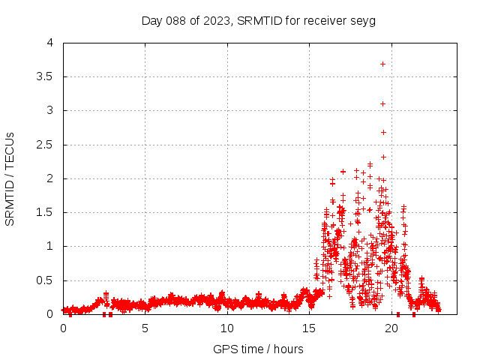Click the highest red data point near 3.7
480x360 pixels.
(383, 64)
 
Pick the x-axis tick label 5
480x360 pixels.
(145, 328)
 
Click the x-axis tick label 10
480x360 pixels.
(227, 328)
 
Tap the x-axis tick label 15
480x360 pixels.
(309, 328)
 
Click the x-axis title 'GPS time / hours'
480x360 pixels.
(258, 349)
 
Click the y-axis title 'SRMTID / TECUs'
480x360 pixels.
(10, 178)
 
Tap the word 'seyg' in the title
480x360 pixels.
(361, 20)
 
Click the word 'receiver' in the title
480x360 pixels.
(323, 20)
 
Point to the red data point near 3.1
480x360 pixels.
(383, 103)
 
